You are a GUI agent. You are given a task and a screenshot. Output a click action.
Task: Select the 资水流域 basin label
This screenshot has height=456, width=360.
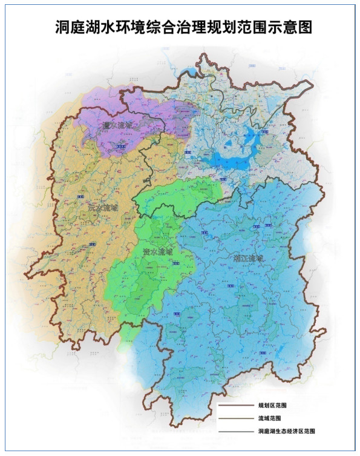157,249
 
